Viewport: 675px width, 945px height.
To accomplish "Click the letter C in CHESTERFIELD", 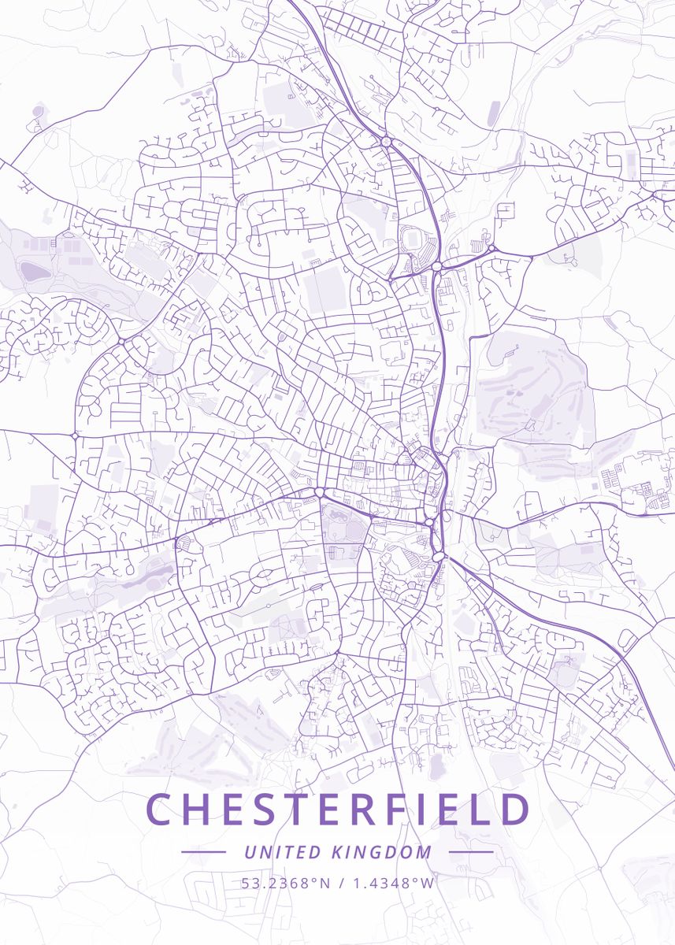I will click(161, 810).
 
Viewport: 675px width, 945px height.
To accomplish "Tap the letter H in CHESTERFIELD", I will click(204, 810).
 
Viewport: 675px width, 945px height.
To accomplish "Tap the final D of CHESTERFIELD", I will click(513, 810).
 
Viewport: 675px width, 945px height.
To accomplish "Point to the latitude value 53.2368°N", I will click(286, 883).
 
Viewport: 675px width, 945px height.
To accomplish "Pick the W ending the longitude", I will click(428, 883).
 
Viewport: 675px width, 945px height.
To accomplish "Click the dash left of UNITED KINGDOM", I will click(203, 852).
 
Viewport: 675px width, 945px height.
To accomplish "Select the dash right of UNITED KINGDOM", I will click(471, 852).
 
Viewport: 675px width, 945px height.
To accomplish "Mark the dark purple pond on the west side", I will click(34, 272).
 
